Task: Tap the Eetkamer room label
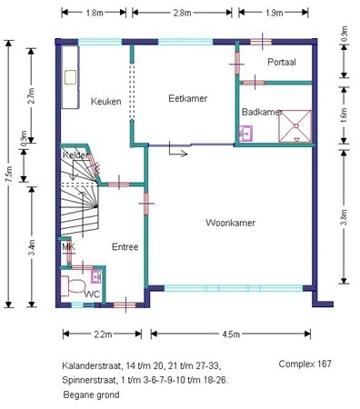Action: [186, 97]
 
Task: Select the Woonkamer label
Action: [229, 223]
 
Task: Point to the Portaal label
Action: [282, 62]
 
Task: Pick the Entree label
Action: [125, 246]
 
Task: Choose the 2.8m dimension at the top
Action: [182, 13]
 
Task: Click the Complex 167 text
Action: [305, 363]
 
